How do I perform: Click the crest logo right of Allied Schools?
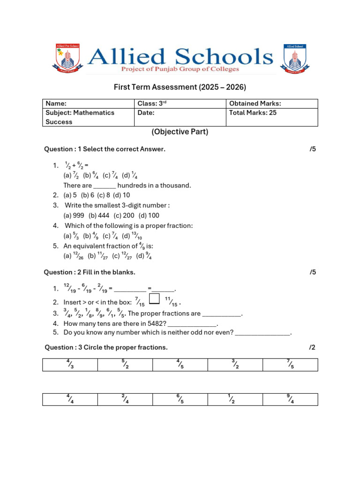[294, 59]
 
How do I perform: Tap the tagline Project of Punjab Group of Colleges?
[180, 69]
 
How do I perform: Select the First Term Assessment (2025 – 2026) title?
[180, 87]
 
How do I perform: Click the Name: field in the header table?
[88, 104]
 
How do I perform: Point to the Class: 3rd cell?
[180, 104]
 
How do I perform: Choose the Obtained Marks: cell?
[272, 104]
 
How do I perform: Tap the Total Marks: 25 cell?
[272, 117]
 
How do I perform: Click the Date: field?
[180, 117]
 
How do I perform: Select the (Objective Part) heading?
[180, 132]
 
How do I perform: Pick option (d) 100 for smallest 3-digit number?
[149, 216]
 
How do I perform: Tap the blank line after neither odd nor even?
[262, 333]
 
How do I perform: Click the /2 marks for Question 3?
[312, 347]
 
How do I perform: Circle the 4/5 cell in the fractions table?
[180, 365]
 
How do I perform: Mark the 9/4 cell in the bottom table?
[290, 399]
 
